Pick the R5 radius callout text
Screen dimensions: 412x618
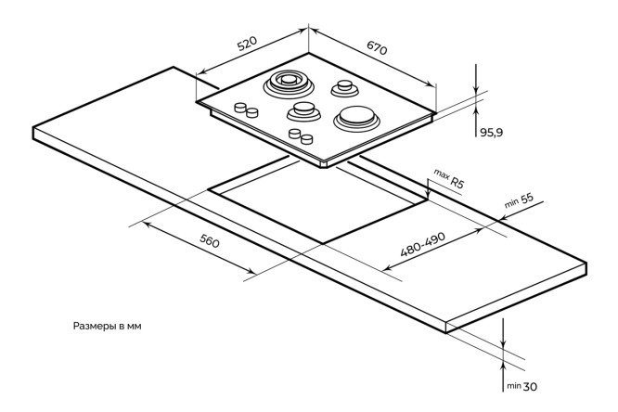(456, 183)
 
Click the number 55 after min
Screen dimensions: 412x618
(526, 199)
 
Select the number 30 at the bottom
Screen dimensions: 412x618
(531, 386)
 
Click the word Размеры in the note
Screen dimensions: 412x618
(94, 327)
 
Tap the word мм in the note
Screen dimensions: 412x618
(135, 327)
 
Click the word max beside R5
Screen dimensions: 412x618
(440, 174)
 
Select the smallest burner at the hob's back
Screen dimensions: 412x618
(345, 88)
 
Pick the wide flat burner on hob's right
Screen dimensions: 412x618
(356, 117)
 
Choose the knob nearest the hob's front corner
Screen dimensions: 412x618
(306, 139)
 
